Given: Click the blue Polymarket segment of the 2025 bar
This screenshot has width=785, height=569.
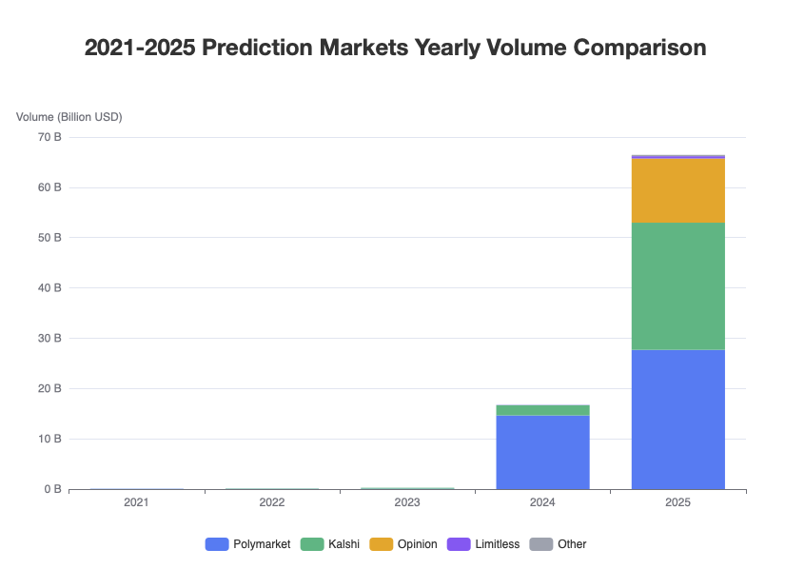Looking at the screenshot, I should click(x=678, y=419).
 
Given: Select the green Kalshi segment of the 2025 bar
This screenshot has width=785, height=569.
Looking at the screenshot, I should click(x=678, y=285).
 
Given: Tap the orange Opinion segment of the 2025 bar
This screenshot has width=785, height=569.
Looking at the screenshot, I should click(x=678, y=190).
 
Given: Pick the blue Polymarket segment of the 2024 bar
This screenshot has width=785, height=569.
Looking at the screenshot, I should click(x=543, y=452).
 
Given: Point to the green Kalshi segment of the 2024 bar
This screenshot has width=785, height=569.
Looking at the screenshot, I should click(x=543, y=410).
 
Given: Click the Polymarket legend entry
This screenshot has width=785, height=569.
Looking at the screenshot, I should click(x=247, y=544).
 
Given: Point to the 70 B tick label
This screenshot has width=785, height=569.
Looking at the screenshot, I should click(x=49, y=137).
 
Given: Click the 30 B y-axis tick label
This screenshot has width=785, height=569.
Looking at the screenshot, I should click(x=49, y=338).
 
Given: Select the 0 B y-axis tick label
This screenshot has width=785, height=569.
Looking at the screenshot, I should click(x=52, y=489).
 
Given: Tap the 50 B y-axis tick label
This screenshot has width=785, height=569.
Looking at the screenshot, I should click(x=49, y=237).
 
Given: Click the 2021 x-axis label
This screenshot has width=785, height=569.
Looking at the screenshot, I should click(x=136, y=501).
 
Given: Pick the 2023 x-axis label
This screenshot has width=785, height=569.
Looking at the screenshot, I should click(x=407, y=501).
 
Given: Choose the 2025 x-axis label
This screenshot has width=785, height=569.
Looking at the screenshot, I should click(x=678, y=501).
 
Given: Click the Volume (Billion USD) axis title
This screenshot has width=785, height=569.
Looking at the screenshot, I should click(x=69, y=117).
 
